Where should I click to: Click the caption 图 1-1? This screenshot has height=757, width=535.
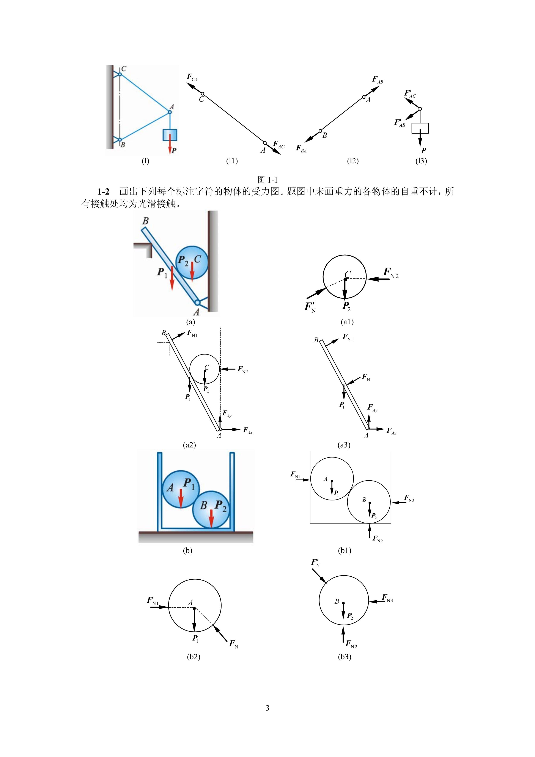click(x=267, y=180)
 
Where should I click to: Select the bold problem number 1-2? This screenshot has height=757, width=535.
click(x=103, y=192)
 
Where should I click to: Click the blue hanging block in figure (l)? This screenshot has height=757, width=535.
click(x=170, y=135)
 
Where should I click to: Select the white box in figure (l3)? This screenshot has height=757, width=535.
click(x=420, y=128)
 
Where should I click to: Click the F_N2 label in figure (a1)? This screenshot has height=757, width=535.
click(x=391, y=273)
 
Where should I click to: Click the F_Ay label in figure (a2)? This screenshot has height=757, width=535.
click(x=227, y=414)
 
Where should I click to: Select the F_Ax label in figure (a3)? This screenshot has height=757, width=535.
click(x=391, y=431)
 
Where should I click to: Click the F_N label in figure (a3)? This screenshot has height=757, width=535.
click(x=366, y=377)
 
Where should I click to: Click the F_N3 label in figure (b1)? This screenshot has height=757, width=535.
click(x=409, y=498)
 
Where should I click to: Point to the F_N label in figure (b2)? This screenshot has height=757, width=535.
click(x=234, y=644)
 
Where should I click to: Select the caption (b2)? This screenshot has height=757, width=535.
click(x=194, y=663)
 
